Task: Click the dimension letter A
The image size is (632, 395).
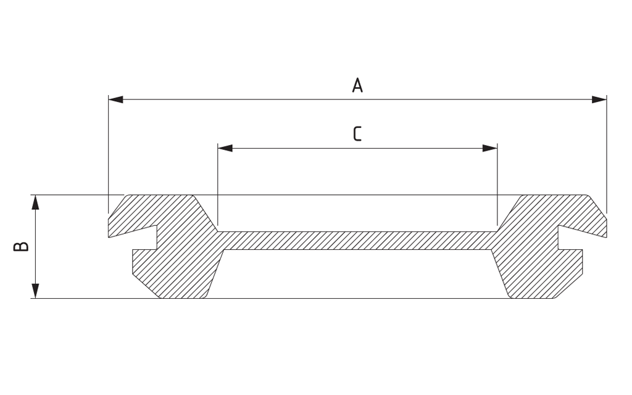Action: click(x=357, y=85)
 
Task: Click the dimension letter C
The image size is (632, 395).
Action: click(x=357, y=134)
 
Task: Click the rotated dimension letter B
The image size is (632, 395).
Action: click(x=21, y=246)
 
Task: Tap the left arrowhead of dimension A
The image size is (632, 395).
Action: click(x=116, y=99)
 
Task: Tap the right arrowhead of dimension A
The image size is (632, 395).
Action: click(x=599, y=99)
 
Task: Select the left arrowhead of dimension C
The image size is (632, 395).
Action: click(x=225, y=148)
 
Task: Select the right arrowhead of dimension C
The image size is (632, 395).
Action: click(x=489, y=148)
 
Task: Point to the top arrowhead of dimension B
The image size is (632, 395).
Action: click(x=35, y=202)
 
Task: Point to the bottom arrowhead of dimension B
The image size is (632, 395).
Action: click(x=35, y=291)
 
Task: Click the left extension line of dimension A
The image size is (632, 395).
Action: click(x=109, y=154)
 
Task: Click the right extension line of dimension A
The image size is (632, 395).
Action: click(x=607, y=154)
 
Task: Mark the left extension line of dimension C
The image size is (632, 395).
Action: click(x=218, y=185)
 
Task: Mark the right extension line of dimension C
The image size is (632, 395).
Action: click(x=497, y=185)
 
